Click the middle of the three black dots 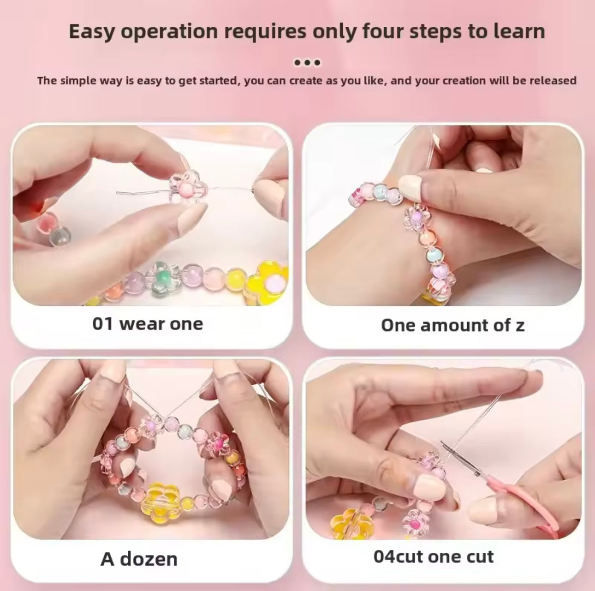tap(307, 63)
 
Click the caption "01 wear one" tap(148, 324)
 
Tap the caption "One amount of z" tap(452, 325)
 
